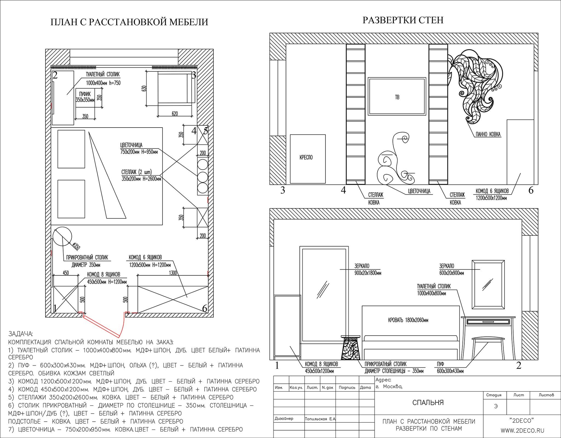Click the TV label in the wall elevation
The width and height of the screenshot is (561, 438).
click(x=397, y=97)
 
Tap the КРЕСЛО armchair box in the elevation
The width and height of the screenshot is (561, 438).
click(x=308, y=159)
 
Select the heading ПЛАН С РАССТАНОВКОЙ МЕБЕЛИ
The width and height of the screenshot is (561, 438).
click(x=129, y=22)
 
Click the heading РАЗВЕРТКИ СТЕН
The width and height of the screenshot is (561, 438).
click(x=403, y=20)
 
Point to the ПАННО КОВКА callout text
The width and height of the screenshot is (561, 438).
click(x=488, y=134)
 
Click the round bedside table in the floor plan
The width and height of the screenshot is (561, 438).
click(x=62, y=236)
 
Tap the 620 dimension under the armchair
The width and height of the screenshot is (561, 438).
click(x=174, y=114)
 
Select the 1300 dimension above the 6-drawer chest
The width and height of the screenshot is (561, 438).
click(x=173, y=273)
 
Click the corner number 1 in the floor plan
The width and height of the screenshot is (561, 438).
click(x=55, y=309)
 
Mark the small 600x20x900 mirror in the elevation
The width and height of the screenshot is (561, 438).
click(x=488, y=284)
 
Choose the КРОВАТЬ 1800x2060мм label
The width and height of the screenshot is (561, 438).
click(x=408, y=320)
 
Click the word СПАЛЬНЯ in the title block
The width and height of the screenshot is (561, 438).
click(x=428, y=402)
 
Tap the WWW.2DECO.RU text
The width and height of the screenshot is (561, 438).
click(x=522, y=431)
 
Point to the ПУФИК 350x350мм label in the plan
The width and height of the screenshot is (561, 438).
click(x=85, y=97)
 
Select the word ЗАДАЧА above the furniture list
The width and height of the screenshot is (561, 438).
click(x=21, y=334)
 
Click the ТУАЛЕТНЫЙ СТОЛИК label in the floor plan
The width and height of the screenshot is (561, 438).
click(x=103, y=74)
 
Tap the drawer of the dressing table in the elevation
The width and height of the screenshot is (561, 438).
click(x=488, y=321)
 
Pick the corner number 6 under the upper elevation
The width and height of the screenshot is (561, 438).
click(x=531, y=190)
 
